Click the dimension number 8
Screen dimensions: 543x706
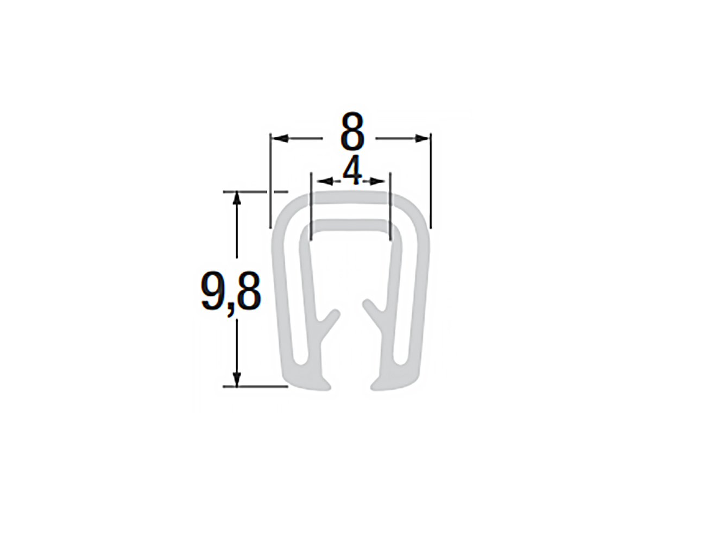click(x=352, y=133)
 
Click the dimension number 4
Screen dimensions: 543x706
click(x=352, y=172)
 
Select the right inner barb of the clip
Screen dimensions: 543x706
click(x=374, y=310)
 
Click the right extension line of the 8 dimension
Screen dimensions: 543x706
click(x=430, y=179)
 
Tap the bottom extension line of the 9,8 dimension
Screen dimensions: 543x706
click(x=255, y=387)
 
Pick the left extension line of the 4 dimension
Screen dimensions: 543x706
click(x=310, y=206)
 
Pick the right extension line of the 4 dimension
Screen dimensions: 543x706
click(x=390, y=206)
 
